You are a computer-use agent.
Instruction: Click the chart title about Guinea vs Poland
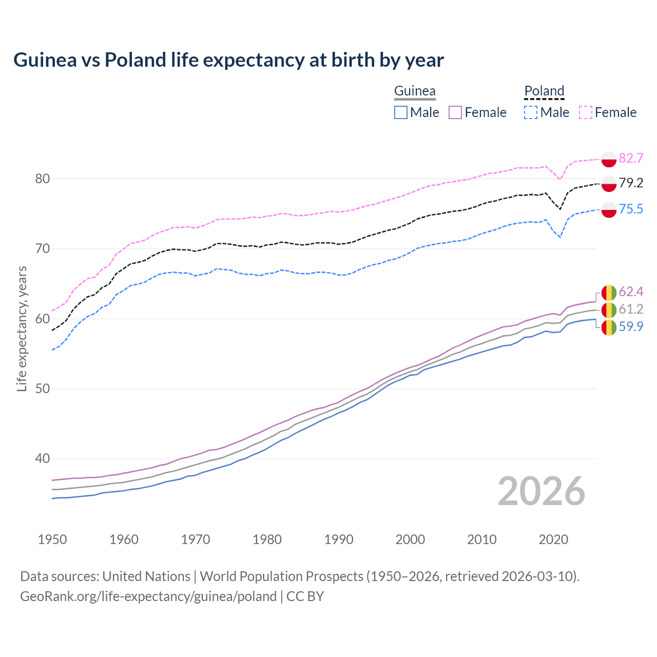point(228,60)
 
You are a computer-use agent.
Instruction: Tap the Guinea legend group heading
point(415,91)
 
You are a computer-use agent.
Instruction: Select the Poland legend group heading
point(544,91)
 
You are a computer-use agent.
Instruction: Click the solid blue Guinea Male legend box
point(401,112)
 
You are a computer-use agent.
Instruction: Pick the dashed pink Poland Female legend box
point(586,112)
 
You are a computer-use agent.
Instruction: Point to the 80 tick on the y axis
point(42,179)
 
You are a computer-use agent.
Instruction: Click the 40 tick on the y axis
point(42,459)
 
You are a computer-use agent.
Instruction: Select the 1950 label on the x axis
point(52,539)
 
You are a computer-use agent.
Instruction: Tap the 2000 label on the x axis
point(410,539)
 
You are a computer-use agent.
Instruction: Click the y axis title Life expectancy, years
point(22,328)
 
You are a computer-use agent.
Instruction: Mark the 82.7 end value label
point(631,158)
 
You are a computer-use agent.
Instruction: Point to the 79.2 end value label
point(631,183)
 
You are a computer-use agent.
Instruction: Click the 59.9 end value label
point(631,326)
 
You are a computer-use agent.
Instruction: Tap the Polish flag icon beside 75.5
point(609,209)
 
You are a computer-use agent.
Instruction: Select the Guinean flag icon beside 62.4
point(609,293)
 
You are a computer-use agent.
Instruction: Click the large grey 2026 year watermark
point(542,491)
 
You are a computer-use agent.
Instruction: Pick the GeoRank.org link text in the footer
point(148,596)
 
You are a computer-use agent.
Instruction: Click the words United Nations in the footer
point(146,576)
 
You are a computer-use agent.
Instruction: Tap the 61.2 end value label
point(631,309)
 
